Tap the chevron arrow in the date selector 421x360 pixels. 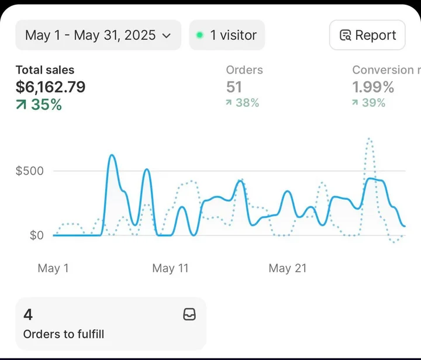[x=166, y=36]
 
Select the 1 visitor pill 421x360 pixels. [x=227, y=35]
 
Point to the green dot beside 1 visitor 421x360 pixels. [x=199, y=35]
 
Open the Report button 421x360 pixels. [x=367, y=35]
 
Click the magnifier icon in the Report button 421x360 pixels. [x=345, y=36]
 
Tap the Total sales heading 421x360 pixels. [x=45, y=70]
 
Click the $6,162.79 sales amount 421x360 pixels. [x=50, y=87]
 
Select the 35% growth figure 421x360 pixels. [x=39, y=105]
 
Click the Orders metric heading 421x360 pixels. [x=244, y=70]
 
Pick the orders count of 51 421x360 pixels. [x=234, y=87]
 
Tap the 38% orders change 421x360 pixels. [x=243, y=103]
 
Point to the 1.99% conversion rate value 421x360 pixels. [x=373, y=87]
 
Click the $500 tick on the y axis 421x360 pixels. [x=29, y=171]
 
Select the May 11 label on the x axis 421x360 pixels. [x=170, y=268]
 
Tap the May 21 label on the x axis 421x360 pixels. [x=287, y=268]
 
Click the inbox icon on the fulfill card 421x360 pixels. [x=189, y=315]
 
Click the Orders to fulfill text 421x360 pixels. [x=64, y=334]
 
